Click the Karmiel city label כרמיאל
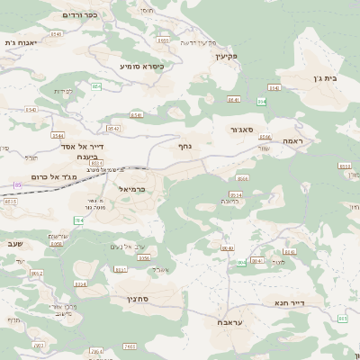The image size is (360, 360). (x=130, y=190)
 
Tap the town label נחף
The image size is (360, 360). (x=184, y=144)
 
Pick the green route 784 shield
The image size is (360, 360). (x=78, y=220)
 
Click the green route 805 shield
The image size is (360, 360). (x=341, y=319)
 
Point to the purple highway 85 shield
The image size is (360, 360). (x=16, y=184)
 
